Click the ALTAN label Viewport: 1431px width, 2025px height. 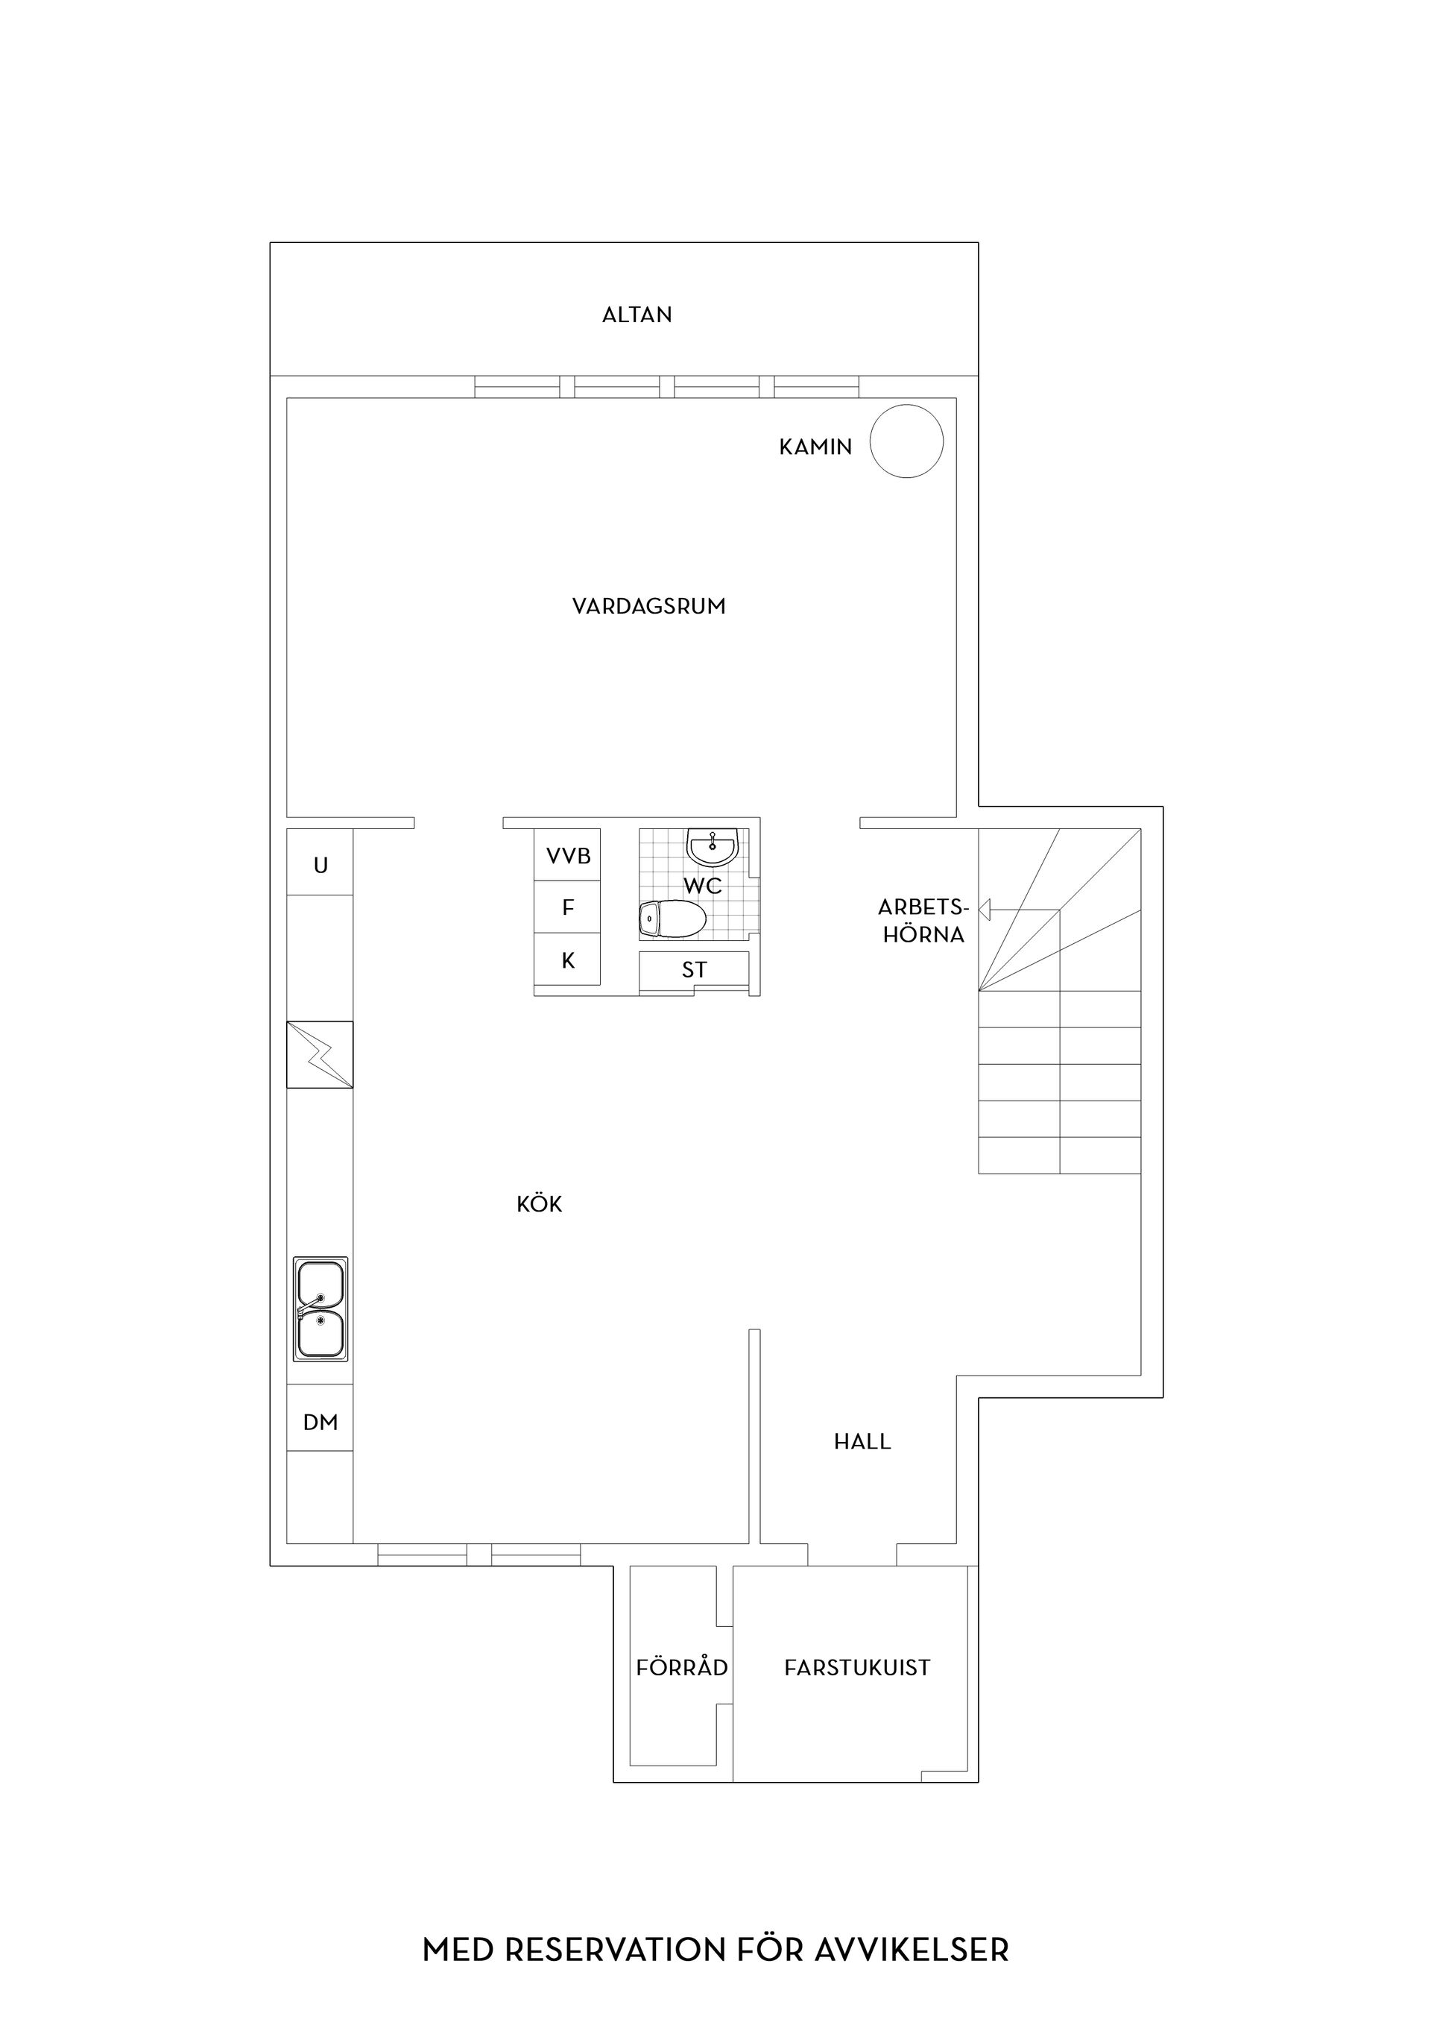tap(636, 315)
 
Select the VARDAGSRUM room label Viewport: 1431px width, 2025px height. tap(649, 606)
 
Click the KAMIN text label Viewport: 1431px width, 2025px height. tap(815, 447)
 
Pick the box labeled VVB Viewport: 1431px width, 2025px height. tap(568, 854)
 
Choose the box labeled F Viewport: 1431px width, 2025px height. tap(568, 907)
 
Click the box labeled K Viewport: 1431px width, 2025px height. tap(568, 960)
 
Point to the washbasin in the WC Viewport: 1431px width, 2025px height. tap(712, 848)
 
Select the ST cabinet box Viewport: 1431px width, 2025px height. tap(694, 969)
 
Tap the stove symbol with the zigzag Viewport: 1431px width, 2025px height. tap(320, 1054)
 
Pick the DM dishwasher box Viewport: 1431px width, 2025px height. tap(320, 1422)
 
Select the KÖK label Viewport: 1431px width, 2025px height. tap(539, 1204)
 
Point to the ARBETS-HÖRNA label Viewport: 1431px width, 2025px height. tap(923, 921)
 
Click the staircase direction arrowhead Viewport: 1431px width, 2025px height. tap(985, 910)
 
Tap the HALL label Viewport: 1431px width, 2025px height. tap(862, 1441)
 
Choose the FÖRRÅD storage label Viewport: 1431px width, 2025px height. tap(681, 1667)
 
